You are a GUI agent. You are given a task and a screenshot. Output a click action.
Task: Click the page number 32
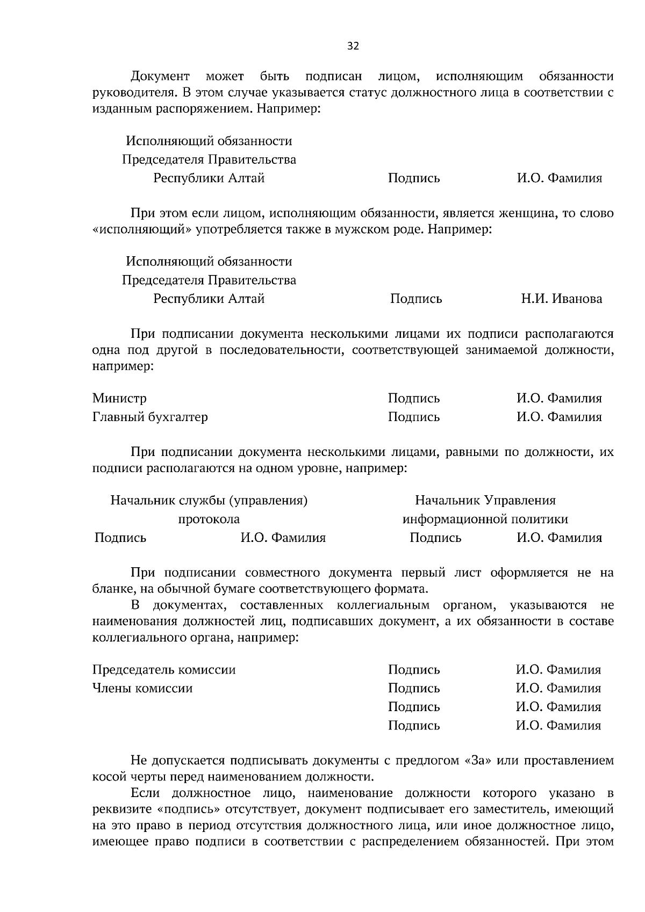(353, 46)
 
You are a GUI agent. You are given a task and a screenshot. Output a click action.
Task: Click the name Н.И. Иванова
(561, 299)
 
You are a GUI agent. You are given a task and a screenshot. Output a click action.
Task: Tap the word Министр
(119, 399)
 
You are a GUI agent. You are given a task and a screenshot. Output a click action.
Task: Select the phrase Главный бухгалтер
(150, 417)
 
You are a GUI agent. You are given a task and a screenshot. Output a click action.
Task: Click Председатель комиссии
(164, 670)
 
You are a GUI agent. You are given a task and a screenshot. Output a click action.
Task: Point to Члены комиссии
(142, 688)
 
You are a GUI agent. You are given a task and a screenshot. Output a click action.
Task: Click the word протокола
(209, 519)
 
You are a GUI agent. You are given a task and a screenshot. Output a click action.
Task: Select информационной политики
(485, 519)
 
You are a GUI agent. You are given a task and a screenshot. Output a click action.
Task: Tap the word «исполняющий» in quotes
(142, 230)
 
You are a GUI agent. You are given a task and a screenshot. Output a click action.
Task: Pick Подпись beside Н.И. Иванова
(416, 299)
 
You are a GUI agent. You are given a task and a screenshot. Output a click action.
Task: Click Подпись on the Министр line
(414, 399)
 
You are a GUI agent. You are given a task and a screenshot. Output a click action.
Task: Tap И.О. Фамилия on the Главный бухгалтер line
(559, 417)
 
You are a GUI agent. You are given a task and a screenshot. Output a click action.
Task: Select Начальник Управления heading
(485, 501)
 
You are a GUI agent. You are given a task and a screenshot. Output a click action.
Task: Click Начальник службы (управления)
(209, 501)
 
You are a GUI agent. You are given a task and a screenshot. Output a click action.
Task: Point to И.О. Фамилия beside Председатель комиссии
(558, 670)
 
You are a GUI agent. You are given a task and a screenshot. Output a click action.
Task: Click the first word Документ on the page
(160, 76)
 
